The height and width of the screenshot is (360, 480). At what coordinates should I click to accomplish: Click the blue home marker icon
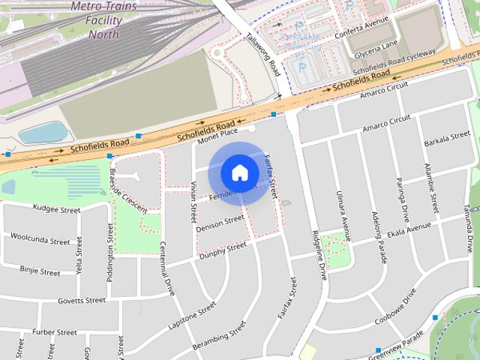click(x=239, y=172)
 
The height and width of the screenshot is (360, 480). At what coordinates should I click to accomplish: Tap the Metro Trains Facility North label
click(x=103, y=20)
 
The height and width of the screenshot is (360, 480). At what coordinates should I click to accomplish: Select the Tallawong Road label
click(x=262, y=55)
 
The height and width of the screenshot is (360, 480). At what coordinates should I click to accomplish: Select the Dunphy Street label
click(x=223, y=249)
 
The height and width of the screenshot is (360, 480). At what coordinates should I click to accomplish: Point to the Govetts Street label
click(x=82, y=301)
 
